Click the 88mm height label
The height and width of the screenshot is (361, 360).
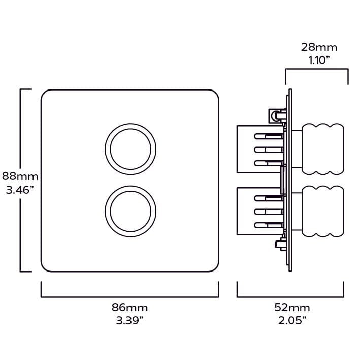pos(20,176)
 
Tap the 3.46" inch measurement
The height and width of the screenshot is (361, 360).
pos(20,190)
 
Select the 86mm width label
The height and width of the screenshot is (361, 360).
pos(130,308)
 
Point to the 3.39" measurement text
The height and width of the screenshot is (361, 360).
pos(130,321)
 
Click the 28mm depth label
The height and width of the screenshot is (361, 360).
pos(319,47)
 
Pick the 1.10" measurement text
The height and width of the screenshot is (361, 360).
pos(319,61)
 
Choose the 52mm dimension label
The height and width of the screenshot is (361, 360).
pos(292,308)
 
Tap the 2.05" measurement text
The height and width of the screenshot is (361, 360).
pos(292,321)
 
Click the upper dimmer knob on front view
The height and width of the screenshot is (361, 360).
pos(130,149)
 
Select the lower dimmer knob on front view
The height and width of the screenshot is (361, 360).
pos(130,212)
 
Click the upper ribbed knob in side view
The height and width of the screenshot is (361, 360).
pos(323,149)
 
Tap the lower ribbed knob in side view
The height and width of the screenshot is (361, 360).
pos(323,212)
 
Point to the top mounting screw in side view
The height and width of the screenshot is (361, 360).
pos(277,115)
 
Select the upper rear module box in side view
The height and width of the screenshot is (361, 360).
pos(260,149)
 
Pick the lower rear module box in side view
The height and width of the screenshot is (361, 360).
pos(260,212)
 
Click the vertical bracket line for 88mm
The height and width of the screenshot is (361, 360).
pos(21,180)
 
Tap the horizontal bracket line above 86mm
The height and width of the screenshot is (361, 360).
pos(130,297)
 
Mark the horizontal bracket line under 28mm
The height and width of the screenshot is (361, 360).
pos(317,69)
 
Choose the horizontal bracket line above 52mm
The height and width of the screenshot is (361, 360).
pos(290,297)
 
